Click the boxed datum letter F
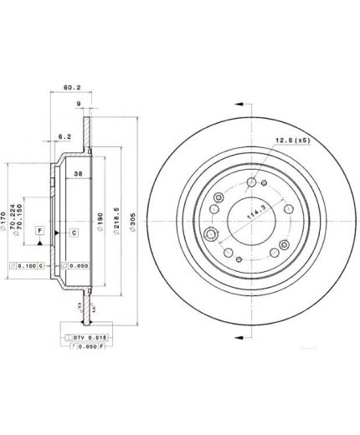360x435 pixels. click(x=39, y=228)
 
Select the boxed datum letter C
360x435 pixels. click(x=73, y=231)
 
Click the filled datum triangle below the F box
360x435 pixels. click(x=39, y=243)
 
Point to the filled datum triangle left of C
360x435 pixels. click(x=58, y=231)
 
